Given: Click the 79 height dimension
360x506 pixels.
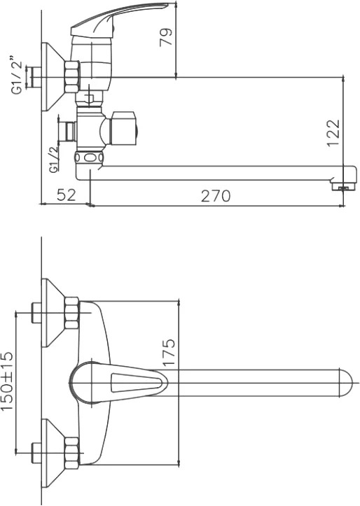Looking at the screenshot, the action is click(x=167, y=38).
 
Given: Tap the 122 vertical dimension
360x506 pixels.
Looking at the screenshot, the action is click(x=333, y=133).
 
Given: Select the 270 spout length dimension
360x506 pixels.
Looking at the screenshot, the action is click(x=216, y=196).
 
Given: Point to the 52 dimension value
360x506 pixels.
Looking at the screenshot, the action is click(x=67, y=195).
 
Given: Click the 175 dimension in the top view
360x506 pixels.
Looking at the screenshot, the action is click(x=169, y=352).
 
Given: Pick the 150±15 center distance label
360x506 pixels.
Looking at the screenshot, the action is click(x=7, y=381).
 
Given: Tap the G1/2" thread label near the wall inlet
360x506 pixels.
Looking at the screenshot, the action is click(x=18, y=75).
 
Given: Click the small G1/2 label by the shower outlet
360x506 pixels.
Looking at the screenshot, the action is click(x=54, y=159).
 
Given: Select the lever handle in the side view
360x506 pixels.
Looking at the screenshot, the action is click(x=119, y=20).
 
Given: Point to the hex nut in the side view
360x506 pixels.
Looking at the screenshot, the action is click(x=72, y=78).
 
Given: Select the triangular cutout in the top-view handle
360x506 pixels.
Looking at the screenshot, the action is click(x=137, y=383).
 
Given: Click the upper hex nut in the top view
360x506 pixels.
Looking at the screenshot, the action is click(x=72, y=314).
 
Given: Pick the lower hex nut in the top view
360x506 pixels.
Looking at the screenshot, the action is click(x=72, y=454).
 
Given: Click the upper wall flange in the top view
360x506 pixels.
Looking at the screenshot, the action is click(x=54, y=313).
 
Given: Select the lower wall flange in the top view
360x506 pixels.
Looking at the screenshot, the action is click(x=54, y=454).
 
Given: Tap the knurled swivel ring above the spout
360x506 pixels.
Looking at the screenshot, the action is click(x=89, y=157).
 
